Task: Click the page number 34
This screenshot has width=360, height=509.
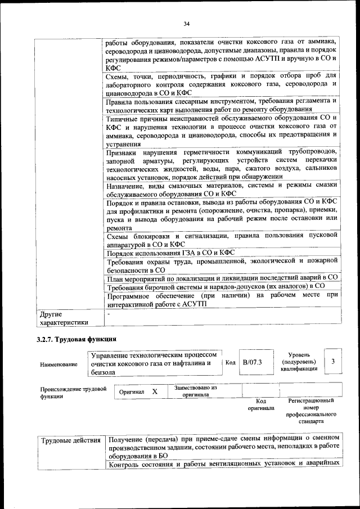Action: point(187,24)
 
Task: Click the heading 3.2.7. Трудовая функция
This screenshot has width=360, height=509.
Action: point(76,339)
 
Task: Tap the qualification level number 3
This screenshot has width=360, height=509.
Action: point(333,362)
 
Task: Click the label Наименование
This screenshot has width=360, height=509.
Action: point(59,365)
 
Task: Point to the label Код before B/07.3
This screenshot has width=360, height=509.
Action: point(230,363)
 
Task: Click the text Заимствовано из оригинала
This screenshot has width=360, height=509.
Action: point(196,391)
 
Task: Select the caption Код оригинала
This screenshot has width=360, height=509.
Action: point(260,404)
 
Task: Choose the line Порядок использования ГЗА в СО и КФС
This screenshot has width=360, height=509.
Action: point(170,253)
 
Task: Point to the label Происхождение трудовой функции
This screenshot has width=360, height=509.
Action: point(73,392)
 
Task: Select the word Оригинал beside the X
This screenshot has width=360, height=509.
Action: point(132,391)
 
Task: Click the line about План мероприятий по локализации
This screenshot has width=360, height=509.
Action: point(222,278)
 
